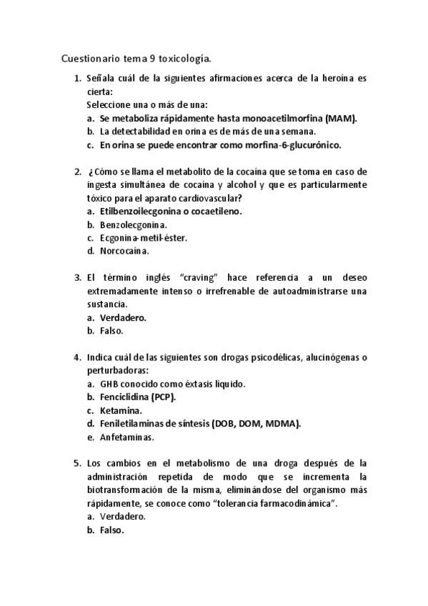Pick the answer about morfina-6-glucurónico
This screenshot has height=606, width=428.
[220, 144]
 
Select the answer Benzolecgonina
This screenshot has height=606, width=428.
[129, 224]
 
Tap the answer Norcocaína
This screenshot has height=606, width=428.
[124, 251]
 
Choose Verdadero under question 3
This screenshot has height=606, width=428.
[123, 317]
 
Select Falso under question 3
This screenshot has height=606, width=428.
[111, 331]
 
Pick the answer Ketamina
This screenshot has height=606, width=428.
[121, 410]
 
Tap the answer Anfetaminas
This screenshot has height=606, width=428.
[127, 437]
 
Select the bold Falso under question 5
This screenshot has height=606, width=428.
[112, 530]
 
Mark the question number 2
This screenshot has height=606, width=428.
[77, 172]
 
